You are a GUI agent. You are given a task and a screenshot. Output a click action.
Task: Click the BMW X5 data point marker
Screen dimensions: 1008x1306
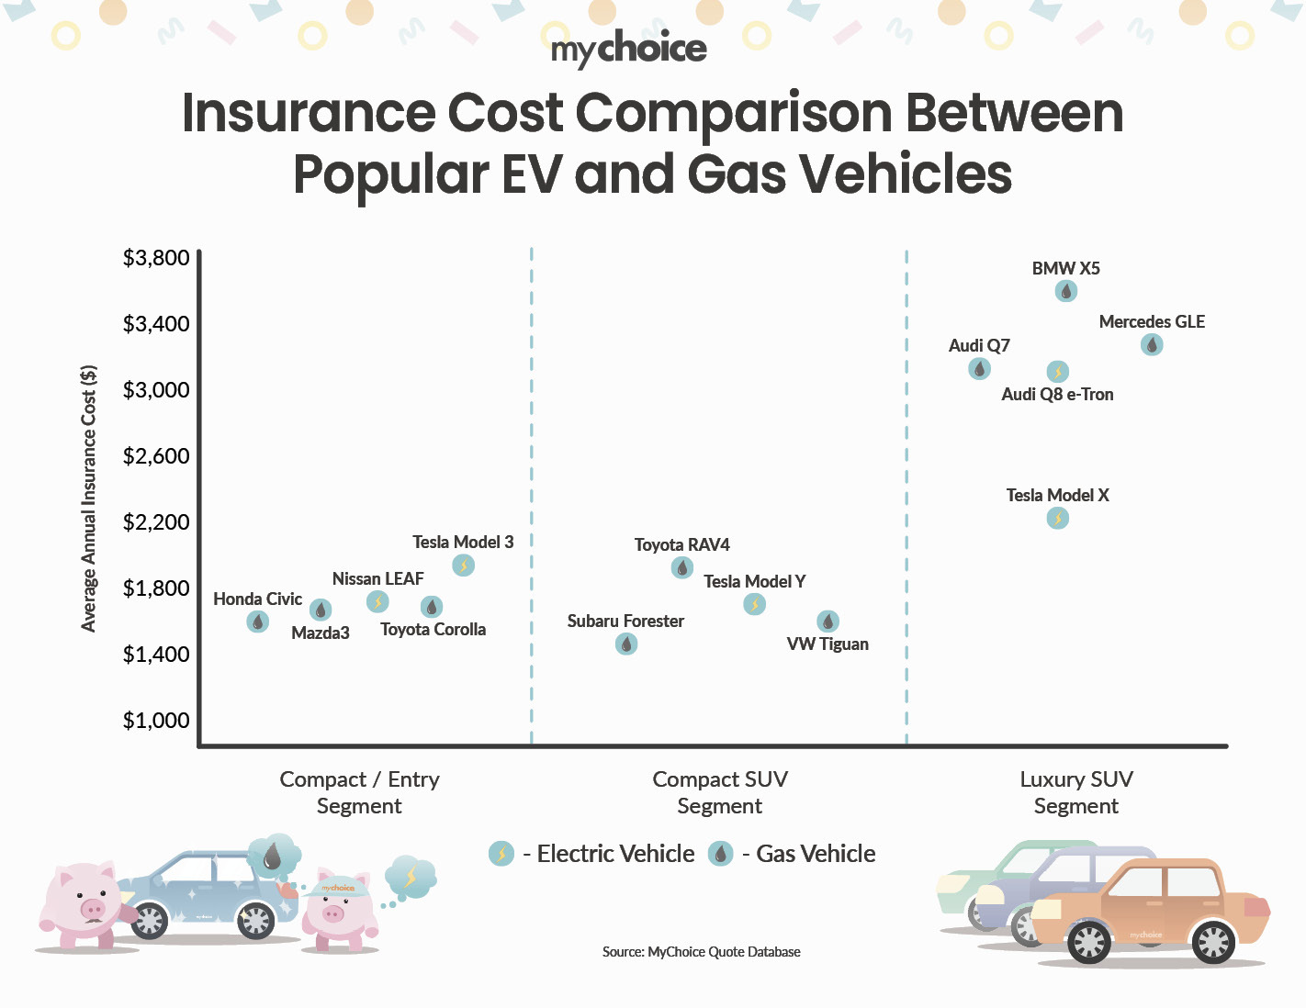(x=1065, y=291)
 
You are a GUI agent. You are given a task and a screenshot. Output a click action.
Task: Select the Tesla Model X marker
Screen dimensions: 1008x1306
(x=1058, y=519)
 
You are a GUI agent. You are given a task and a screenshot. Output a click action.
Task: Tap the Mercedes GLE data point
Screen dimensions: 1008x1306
(x=1152, y=344)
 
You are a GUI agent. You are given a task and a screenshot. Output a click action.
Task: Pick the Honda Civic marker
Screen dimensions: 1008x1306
(x=258, y=622)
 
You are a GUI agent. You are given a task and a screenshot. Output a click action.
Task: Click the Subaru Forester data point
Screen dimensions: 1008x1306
(x=626, y=644)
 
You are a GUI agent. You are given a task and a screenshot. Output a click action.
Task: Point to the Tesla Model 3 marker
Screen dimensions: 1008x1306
(x=464, y=566)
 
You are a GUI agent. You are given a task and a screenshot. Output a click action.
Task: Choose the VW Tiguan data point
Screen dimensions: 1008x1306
(x=828, y=622)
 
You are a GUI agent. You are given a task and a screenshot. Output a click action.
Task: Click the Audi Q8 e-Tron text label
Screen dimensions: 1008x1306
(x=1057, y=395)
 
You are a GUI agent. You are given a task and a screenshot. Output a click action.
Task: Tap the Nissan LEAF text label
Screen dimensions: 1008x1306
(x=377, y=579)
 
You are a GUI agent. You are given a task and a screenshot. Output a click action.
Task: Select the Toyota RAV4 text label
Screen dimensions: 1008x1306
(x=681, y=545)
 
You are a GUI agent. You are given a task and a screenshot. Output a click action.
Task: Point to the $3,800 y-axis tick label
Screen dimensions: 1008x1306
(x=156, y=258)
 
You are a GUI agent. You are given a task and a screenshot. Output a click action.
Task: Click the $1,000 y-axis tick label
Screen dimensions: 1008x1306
(x=156, y=721)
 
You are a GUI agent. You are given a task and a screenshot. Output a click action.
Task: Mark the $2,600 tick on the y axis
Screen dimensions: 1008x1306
(x=156, y=456)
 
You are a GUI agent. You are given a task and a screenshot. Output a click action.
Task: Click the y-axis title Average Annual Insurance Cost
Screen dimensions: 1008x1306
(x=89, y=498)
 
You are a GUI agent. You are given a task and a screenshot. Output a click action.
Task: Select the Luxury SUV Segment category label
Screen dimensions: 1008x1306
(x=1076, y=792)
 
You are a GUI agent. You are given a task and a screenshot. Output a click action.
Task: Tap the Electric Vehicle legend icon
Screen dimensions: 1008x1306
(x=501, y=854)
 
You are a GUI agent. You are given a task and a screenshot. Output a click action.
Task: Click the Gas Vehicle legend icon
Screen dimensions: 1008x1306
(x=721, y=854)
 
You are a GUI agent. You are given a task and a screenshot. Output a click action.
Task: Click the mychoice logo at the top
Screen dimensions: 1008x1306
(x=629, y=48)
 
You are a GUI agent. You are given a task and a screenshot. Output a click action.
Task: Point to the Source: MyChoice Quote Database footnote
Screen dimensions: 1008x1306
(x=701, y=952)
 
